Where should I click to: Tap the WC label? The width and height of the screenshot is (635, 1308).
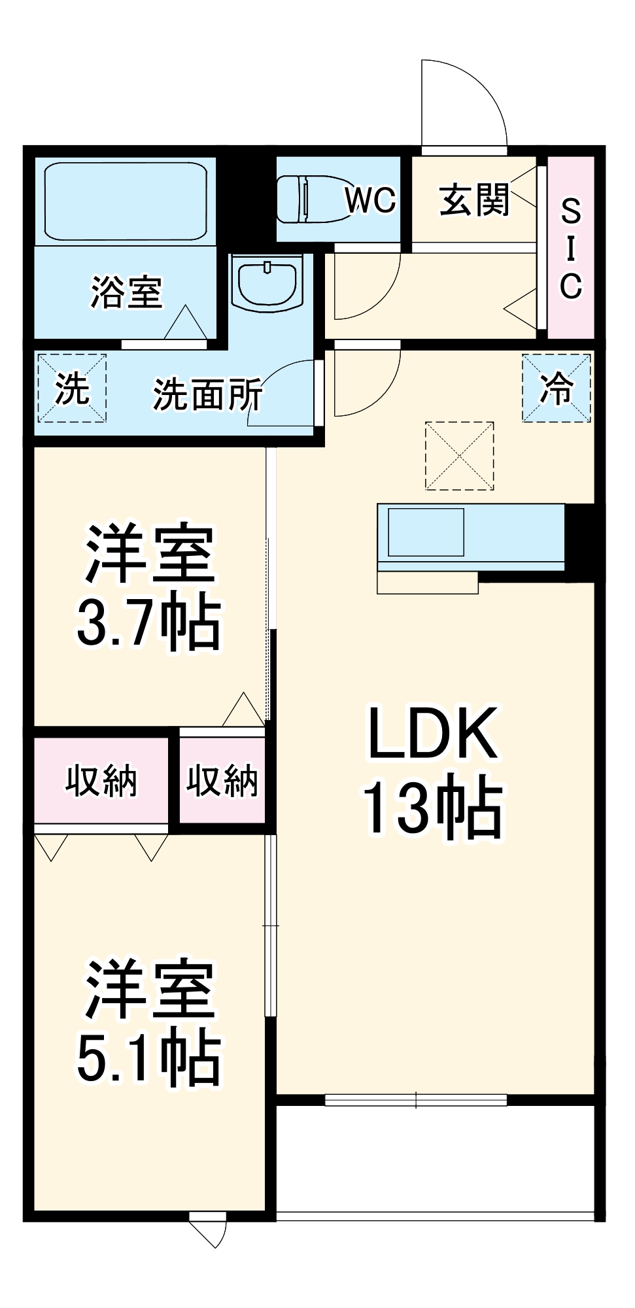click(371, 199)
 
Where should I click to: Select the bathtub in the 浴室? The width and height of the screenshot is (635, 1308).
click(126, 201)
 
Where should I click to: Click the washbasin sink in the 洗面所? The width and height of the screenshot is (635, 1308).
click(269, 283)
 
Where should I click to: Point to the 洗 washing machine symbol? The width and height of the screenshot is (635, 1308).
click(71, 388)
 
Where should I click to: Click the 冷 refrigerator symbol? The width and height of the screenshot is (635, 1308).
click(557, 388)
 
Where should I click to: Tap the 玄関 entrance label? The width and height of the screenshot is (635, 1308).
click(474, 199)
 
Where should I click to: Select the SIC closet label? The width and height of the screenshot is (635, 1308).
click(570, 248)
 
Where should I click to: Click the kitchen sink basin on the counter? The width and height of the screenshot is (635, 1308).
click(426, 532)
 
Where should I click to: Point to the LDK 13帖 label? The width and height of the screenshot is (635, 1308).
click(432, 772)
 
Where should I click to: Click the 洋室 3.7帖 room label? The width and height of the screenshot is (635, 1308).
click(149, 587)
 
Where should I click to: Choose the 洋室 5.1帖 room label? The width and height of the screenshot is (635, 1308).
click(149, 1023)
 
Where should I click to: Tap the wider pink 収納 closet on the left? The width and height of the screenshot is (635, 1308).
click(101, 780)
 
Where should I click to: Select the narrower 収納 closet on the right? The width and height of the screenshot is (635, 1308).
click(222, 780)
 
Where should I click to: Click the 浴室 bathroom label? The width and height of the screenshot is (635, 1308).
click(126, 292)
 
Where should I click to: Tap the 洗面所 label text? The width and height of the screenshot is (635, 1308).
click(207, 394)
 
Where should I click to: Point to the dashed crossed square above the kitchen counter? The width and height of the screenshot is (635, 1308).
click(459, 456)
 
